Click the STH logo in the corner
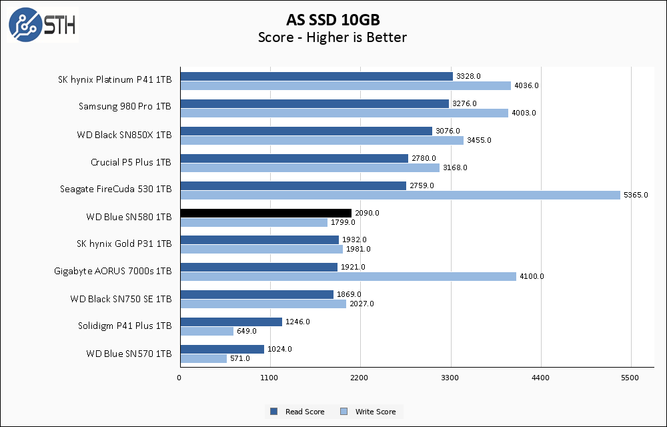[x=42, y=24]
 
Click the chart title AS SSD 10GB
[x=333, y=19]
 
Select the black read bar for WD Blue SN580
[x=265, y=213]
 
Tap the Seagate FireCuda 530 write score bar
[x=400, y=195]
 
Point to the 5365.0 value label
[x=636, y=195]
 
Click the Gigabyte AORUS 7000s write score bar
[x=348, y=276]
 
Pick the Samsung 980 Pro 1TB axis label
[x=125, y=106]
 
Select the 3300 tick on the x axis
[x=451, y=378]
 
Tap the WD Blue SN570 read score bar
[x=222, y=349]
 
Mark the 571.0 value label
[x=239, y=358]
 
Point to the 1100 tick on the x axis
[x=270, y=378]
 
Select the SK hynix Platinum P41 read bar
[x=316, y=76]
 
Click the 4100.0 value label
[x=532, y=276]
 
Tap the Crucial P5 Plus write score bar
[x=309, y=167]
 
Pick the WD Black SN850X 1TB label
[x=124, y=134]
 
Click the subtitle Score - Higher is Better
[x=333, y=37]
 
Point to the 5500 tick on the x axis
[x=631, y=378]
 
